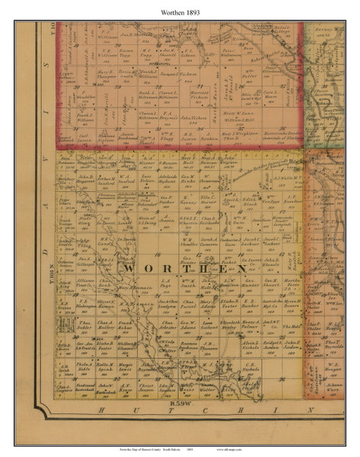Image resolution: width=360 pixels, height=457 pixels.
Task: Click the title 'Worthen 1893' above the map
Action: point(180,13)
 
